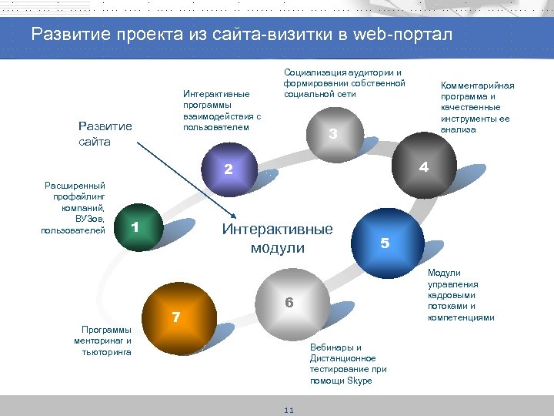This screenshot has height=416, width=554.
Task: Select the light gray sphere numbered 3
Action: point(332,133)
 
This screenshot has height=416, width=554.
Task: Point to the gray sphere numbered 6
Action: point(287,303)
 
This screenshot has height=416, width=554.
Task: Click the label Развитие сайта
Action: point(105,134)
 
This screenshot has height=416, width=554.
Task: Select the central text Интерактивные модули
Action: point(277,238)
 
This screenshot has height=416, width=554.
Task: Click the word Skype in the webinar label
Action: point(359,381)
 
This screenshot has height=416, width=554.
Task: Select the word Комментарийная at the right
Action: point(477,86)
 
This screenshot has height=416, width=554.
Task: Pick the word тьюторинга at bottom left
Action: point(106,352)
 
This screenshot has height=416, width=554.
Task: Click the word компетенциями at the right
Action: point(461,317)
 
